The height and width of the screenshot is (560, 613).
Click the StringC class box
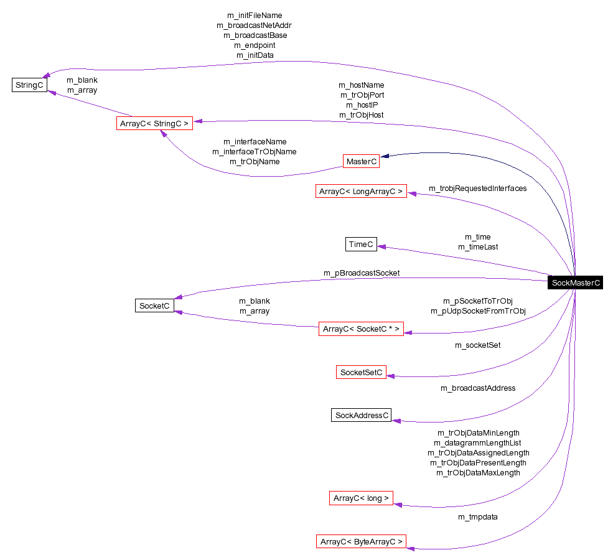tap(29, 85)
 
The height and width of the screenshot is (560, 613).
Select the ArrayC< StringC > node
tap(154, 123)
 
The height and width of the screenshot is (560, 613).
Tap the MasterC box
tap(361, 162)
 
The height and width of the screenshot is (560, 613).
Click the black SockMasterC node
tap(576, 282)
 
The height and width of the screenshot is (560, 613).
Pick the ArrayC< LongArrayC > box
tap(361, 192)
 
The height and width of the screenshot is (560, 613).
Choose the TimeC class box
tap(361, 245)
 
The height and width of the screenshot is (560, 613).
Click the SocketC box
tap(154, 306)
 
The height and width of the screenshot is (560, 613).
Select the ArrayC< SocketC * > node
tap(361, 329)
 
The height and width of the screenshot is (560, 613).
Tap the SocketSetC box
tap(361, 373)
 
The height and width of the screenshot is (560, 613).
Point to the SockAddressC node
tap(362, 415)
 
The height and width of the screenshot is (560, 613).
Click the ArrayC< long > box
tap(361, 498)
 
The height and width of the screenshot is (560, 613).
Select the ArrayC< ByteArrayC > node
tap(361, 541)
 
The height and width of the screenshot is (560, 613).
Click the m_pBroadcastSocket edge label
tap(362, 273)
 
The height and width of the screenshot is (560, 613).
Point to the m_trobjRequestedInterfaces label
tap(477, 188)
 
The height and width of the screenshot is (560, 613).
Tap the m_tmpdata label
tap(477, 516)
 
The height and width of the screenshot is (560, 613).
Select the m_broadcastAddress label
tap(478, 388)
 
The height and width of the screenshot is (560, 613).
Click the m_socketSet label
tap(477, 345)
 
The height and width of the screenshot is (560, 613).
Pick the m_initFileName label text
tap(255, 15)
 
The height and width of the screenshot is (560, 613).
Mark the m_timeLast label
tap(478, 246)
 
